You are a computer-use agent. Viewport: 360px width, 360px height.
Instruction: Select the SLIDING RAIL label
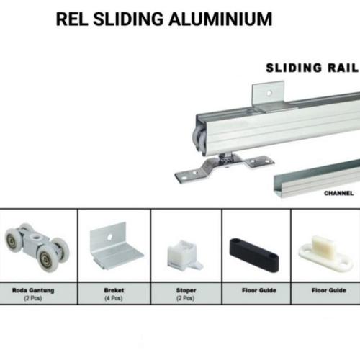(x=312, y=68)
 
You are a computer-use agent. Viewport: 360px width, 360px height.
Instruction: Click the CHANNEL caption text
(x=338, y=194)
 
